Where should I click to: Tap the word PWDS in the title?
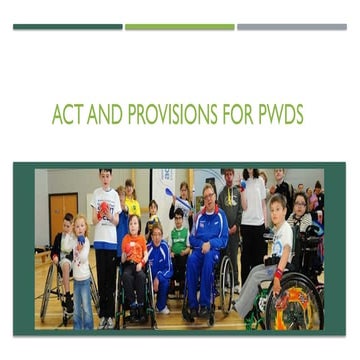click(x=277, y=115)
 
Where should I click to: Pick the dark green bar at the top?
click(x=67, y=27)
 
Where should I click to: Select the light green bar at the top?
click(x=179, y=27)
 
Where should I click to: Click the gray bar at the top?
click(x=291, y=27)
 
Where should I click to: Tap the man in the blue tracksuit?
click(x=207, y=250)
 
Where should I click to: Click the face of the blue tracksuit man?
click(x=208, y=196)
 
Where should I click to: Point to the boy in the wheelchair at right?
click(x=275, y=250)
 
